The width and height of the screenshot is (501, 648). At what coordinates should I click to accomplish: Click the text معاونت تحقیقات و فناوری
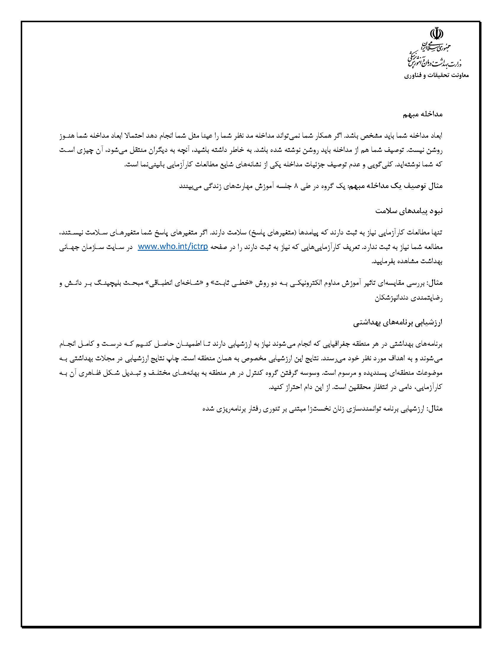[x=436, y=76]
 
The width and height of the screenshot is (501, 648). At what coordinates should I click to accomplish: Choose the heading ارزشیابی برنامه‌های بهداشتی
[x=398, y=323]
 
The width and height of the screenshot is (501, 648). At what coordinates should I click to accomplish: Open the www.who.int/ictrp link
[x=173, y=247]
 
